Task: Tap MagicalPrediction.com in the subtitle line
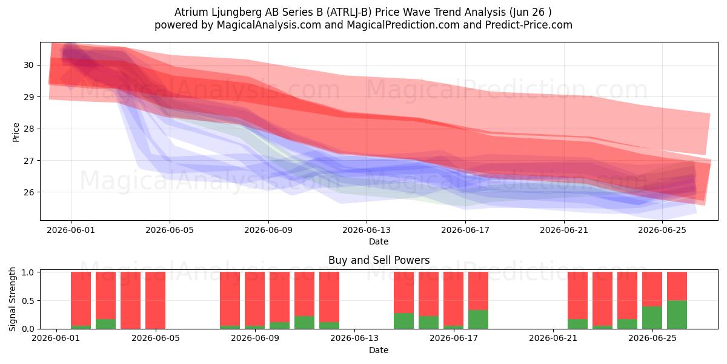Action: pos(403,25)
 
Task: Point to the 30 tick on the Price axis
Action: pos(28,66)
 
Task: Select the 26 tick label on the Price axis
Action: pos(28,192)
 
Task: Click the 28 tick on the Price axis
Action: pos(28,129)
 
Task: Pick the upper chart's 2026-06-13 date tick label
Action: pos(367,230)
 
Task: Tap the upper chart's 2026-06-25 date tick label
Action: pos(662,230)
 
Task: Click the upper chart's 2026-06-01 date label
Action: pos(71,230)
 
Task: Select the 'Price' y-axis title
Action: pos(16,132)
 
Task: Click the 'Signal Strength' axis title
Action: pos(12,299)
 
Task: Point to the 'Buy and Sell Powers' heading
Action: pos(379,260)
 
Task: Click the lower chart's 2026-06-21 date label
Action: pos(553,339)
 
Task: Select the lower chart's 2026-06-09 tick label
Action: pos(255,339)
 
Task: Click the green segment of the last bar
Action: pos(677,315)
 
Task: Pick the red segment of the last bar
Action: pos(677,286)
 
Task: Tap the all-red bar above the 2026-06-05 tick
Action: pos(156,300)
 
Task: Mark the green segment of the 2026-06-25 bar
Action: pos(652,317)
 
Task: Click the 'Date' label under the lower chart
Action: pos(379,350)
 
